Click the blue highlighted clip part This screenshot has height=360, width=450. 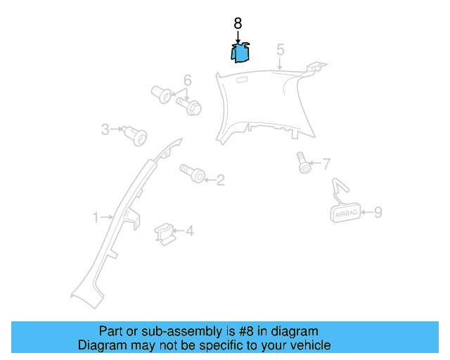[x=240, y=53]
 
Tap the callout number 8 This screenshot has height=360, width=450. [x=238, y=23]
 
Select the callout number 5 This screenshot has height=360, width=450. [x=281, y=50]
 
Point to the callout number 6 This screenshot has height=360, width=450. [x=188, y=80]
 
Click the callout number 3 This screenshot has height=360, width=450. [x=105, y=129]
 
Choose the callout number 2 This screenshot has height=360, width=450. [x=220, y=180]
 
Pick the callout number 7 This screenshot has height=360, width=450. [x=326, y=164]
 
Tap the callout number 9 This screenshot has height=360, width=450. [x=378, y=212]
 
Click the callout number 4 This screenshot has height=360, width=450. [x=190, y=231]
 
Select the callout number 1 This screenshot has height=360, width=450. [x=96, y=217]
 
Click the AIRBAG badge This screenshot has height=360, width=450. [x=345, y=213]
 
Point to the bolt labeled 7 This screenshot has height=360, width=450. [x=303, y=163]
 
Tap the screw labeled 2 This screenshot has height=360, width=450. [x=193, y=173]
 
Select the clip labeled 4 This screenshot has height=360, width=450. [x=165, y=234]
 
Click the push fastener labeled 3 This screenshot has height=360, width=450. [x=136, y=136]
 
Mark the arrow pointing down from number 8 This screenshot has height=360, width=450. [x=238, y=37]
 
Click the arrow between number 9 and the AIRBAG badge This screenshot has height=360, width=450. [x=367, y=212]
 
